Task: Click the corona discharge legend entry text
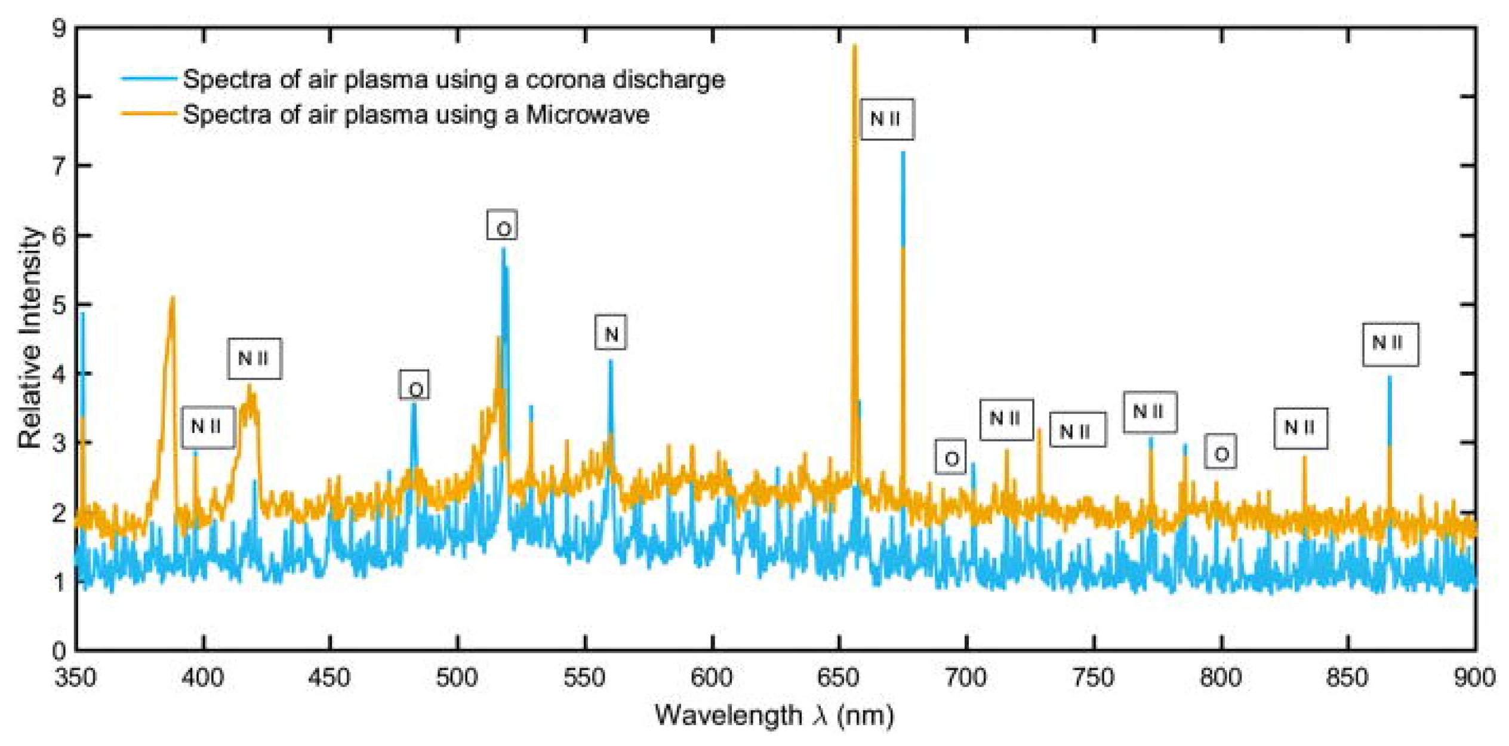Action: pos(454,79)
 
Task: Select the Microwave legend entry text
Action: pos(416,114)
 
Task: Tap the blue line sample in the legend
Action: pos(149,79)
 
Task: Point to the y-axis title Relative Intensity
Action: pos(30,338)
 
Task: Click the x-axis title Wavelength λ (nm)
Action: pos(774,715)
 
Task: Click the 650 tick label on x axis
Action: pos(839,678)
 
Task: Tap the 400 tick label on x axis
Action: pos(204,678)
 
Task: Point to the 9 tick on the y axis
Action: pos(60,28)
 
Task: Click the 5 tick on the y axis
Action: pos(60,305)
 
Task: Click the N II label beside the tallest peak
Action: pos(886,119)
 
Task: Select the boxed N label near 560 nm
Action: pos(611,333)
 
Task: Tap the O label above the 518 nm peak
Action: pos(503,226)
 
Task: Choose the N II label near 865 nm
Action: pos(1390,344)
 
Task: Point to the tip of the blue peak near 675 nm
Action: pos(903,153)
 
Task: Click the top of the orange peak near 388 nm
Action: pos(173,297)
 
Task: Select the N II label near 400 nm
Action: pos(207,427)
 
